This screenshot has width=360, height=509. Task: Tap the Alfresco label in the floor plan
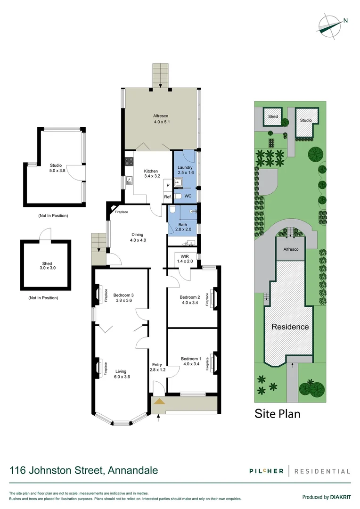coord(161,119)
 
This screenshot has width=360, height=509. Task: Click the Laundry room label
coord(185,171)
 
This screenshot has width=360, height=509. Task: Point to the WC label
coord(188,196)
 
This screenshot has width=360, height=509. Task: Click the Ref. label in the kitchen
coord(167,197)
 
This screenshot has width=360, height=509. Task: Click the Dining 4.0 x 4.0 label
coord(137,237)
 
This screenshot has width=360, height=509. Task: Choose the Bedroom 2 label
coord(190,300)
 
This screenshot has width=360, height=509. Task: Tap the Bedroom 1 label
coord(190,362)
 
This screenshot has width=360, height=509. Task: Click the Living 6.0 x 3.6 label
coord(123,374)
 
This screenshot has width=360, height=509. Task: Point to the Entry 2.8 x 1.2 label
coord(157,367)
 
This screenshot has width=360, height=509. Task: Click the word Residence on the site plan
coord(290,327)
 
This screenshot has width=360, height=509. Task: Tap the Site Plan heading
coord(277,414)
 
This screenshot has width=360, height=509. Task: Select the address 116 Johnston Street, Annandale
coord(84,470)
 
